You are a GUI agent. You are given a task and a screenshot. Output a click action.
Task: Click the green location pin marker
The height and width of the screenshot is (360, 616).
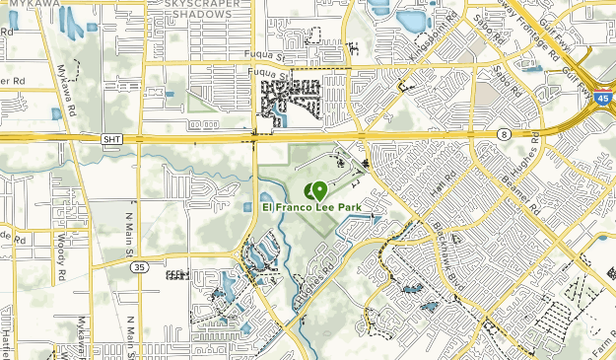(x=318, y=190)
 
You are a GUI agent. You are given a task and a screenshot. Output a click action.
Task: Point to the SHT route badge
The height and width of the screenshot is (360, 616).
(x=112, y=139)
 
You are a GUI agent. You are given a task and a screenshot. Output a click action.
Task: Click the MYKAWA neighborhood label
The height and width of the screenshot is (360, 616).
(x=29, y=4)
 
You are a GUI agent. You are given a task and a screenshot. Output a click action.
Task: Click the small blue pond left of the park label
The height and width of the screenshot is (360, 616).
(x=246, y=207)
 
